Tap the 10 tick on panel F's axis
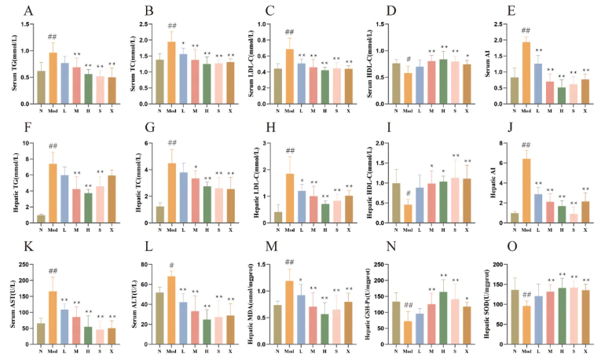click(x=27, y=143)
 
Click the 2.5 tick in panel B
click(x=146, y=24)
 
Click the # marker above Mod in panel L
click(x=171, y=265)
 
